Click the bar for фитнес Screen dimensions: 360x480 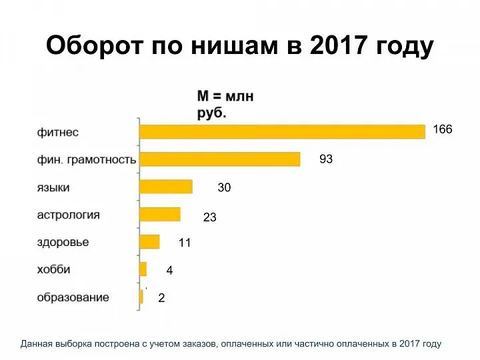(281, 131)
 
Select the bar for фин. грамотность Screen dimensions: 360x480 (219, 159)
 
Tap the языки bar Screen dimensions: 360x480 (165, 187)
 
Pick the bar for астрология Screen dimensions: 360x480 (159, 214)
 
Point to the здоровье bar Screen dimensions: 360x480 (149, 241)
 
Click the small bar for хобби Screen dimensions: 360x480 (143, 269)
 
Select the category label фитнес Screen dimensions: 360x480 (57, 132)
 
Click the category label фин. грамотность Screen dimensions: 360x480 (86, 160)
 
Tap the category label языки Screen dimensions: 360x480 (53, 187)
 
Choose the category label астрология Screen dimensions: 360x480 (68, 215)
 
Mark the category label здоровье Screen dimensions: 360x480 (63, 242)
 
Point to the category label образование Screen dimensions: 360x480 (73, 297)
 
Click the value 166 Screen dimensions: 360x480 (443, 129)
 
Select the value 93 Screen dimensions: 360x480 (326, 159)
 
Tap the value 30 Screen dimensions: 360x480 (224, 188)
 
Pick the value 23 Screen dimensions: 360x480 (209, 217)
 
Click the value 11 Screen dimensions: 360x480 (185, 243)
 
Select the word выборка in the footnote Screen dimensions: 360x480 (81, 344)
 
